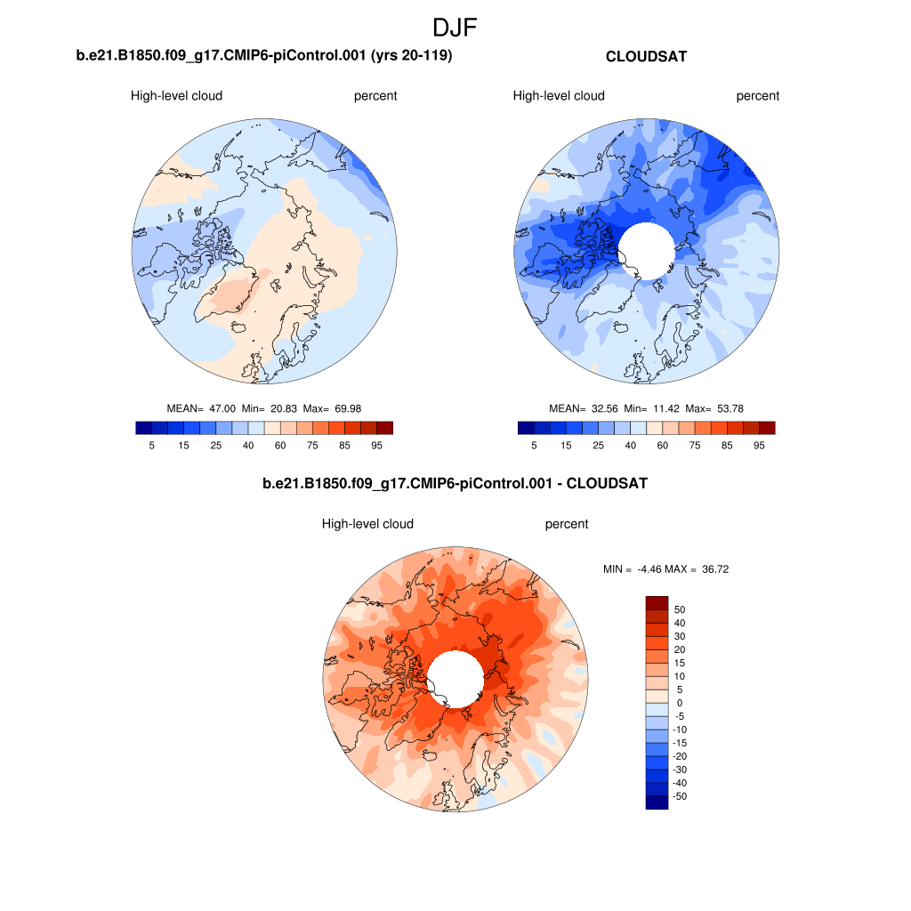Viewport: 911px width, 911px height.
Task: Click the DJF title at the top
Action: coord(455,28)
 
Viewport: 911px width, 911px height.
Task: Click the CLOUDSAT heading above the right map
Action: coord(646,56)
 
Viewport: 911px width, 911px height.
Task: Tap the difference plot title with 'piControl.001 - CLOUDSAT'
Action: coord(455,484)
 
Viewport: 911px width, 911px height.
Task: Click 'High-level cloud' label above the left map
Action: coord(176,96)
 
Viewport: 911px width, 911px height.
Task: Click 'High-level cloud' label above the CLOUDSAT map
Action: coord(559,96)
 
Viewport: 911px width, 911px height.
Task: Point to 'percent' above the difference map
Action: coord(567,524)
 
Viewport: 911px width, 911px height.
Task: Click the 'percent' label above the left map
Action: coord(375,96)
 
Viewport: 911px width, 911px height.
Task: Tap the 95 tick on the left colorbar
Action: coord(376,446)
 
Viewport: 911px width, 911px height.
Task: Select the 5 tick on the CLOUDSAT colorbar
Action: coord(534,446)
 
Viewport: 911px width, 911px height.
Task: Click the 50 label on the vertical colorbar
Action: coord(680,610)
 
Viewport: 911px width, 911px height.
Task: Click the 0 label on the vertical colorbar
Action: coord(680,704)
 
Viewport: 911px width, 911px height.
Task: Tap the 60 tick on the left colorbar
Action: coord(280,446)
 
